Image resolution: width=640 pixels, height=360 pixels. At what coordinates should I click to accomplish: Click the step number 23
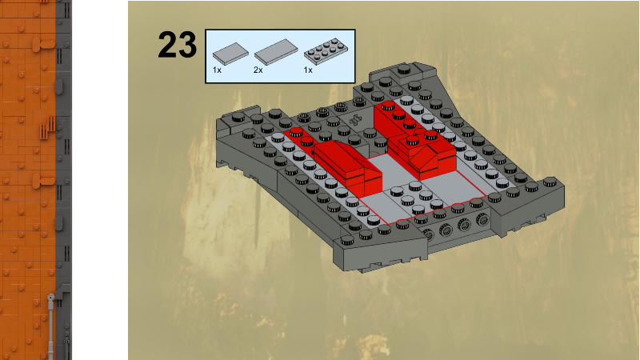coord(177,45)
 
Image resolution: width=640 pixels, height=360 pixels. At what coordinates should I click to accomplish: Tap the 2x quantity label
coord(258,70)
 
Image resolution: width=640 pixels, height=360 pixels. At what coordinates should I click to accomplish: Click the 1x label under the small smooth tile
coord(217,70)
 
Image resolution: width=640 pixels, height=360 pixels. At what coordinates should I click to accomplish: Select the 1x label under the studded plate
coord(308,70)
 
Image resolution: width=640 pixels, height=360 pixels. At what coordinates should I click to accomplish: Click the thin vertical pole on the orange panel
coord(51,324)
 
